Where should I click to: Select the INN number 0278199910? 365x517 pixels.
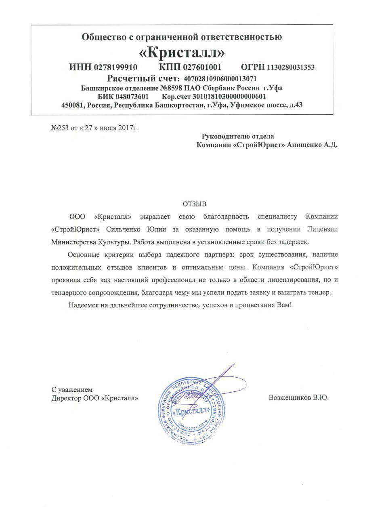tap(116, 67)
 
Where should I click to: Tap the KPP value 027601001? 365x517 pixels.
tap(201, 67)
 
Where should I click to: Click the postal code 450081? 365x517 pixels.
tap(72, 105)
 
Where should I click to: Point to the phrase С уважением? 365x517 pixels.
tap(72, 390)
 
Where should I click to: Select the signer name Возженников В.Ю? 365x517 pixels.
tap(299, 397)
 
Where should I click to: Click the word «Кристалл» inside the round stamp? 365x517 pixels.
tap(192, 412)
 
